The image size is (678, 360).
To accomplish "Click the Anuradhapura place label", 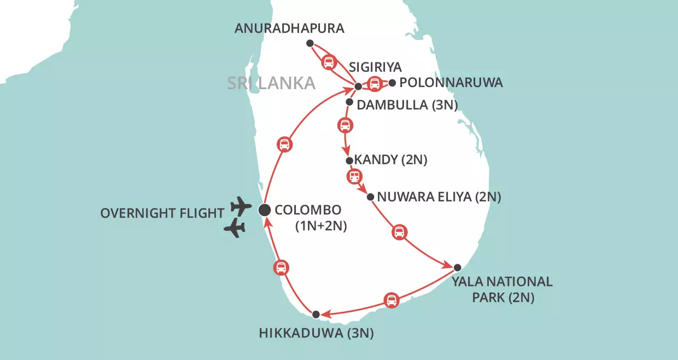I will point(290,28).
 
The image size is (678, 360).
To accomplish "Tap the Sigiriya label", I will point(376,67).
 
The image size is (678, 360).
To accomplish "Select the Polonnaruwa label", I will point(452,83).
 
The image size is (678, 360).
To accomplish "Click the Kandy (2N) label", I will point(390,160).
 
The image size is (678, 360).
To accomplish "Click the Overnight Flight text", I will point(162,213).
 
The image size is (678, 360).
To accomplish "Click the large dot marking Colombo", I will point(265,209).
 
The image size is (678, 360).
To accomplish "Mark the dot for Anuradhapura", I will point(310,43).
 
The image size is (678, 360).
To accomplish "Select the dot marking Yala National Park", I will point(458,268).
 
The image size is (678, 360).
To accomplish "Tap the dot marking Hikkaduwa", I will point(315,314).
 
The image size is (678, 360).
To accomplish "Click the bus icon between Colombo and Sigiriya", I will point(285,144).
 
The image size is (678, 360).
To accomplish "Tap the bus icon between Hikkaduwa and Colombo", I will point(280,268).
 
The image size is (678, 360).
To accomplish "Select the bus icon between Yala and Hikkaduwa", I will point(391,300).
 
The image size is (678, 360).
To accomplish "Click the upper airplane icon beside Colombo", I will point(241,207).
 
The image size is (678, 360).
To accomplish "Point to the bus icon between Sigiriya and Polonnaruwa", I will point(375,84).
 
